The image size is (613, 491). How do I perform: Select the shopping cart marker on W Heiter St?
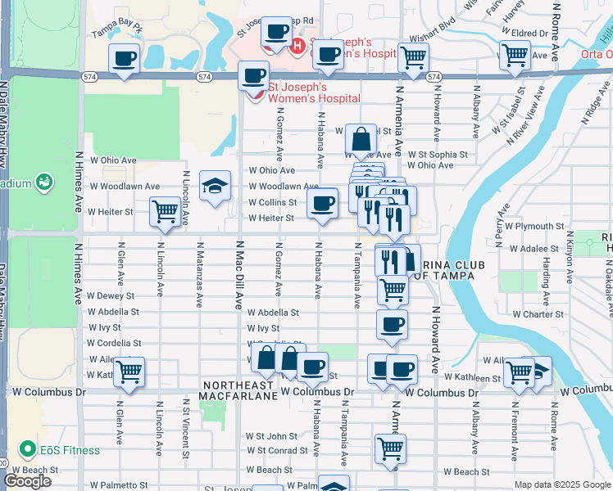point(166,211)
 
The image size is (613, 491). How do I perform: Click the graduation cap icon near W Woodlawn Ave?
point(215,188)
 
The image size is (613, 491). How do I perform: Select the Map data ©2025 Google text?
point(562,484)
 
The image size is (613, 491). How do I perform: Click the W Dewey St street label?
point(110,295)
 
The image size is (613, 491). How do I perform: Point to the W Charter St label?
point(538,313)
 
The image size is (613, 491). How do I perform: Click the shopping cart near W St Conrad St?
point(391,448)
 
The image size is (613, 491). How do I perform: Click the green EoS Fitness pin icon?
point(28,450)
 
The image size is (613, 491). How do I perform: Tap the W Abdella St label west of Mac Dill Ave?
point(113,312)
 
